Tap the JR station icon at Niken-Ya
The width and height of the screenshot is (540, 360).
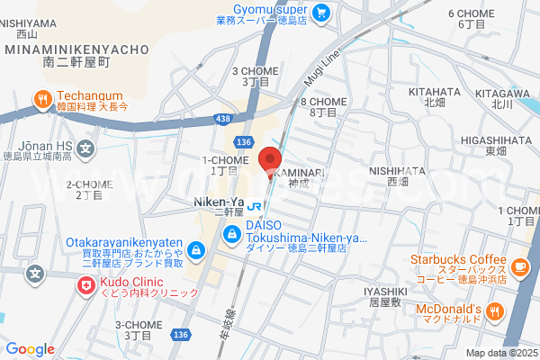254,204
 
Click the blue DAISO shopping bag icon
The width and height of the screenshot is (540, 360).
232,233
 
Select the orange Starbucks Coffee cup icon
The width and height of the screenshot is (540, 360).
519,266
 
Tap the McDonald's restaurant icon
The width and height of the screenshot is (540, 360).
494,311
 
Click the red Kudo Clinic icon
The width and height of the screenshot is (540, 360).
85,285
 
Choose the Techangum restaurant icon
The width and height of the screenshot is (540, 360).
41,99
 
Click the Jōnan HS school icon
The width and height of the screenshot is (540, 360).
85,148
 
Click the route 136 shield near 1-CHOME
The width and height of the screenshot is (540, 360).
243,141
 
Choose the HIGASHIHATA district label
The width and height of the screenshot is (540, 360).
490,139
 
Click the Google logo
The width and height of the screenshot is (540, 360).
30,349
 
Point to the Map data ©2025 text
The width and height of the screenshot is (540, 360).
499,353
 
